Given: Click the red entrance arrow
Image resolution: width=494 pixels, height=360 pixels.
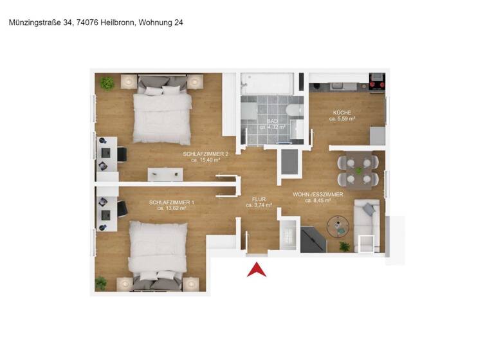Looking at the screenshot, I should click(257, 270).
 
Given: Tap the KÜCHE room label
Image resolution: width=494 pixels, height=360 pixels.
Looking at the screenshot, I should click(342, 113).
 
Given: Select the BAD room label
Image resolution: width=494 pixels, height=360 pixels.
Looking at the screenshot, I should click(272, 121).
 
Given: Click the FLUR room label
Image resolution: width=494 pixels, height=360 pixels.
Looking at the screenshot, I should click(259, 200).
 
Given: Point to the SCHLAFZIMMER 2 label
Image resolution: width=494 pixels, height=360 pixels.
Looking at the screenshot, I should click(206, 154).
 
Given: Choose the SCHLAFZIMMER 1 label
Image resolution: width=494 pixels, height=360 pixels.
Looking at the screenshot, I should click(171, 202).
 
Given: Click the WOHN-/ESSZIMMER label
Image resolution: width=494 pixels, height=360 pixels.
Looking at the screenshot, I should click(318, 194).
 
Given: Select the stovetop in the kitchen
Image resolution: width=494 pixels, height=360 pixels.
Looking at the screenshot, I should click(376, 81).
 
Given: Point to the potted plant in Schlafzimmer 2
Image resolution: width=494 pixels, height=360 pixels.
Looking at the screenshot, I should click(107, 83).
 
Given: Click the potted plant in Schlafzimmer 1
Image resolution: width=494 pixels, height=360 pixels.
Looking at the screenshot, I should click(101, 282).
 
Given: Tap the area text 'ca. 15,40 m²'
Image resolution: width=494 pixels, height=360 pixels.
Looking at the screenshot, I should click(206, 161).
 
